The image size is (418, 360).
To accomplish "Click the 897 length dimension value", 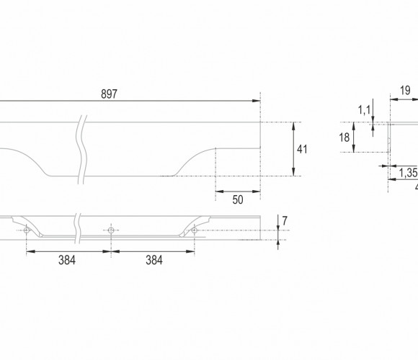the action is coord(109,94).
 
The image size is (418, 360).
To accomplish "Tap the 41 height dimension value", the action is coord(302,149).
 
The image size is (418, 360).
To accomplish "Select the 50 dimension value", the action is coord(238,199).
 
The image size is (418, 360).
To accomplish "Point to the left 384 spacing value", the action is coord(67,260).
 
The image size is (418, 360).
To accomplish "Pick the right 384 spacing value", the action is coord(154,260).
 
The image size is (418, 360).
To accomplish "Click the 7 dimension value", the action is coord(285,221).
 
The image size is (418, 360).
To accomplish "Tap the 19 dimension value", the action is coord(405,91).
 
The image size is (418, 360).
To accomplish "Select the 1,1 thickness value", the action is coord(364,110).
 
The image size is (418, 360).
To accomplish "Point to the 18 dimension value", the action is coord(344,138).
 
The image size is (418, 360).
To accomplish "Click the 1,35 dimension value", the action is coord(408,173).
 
